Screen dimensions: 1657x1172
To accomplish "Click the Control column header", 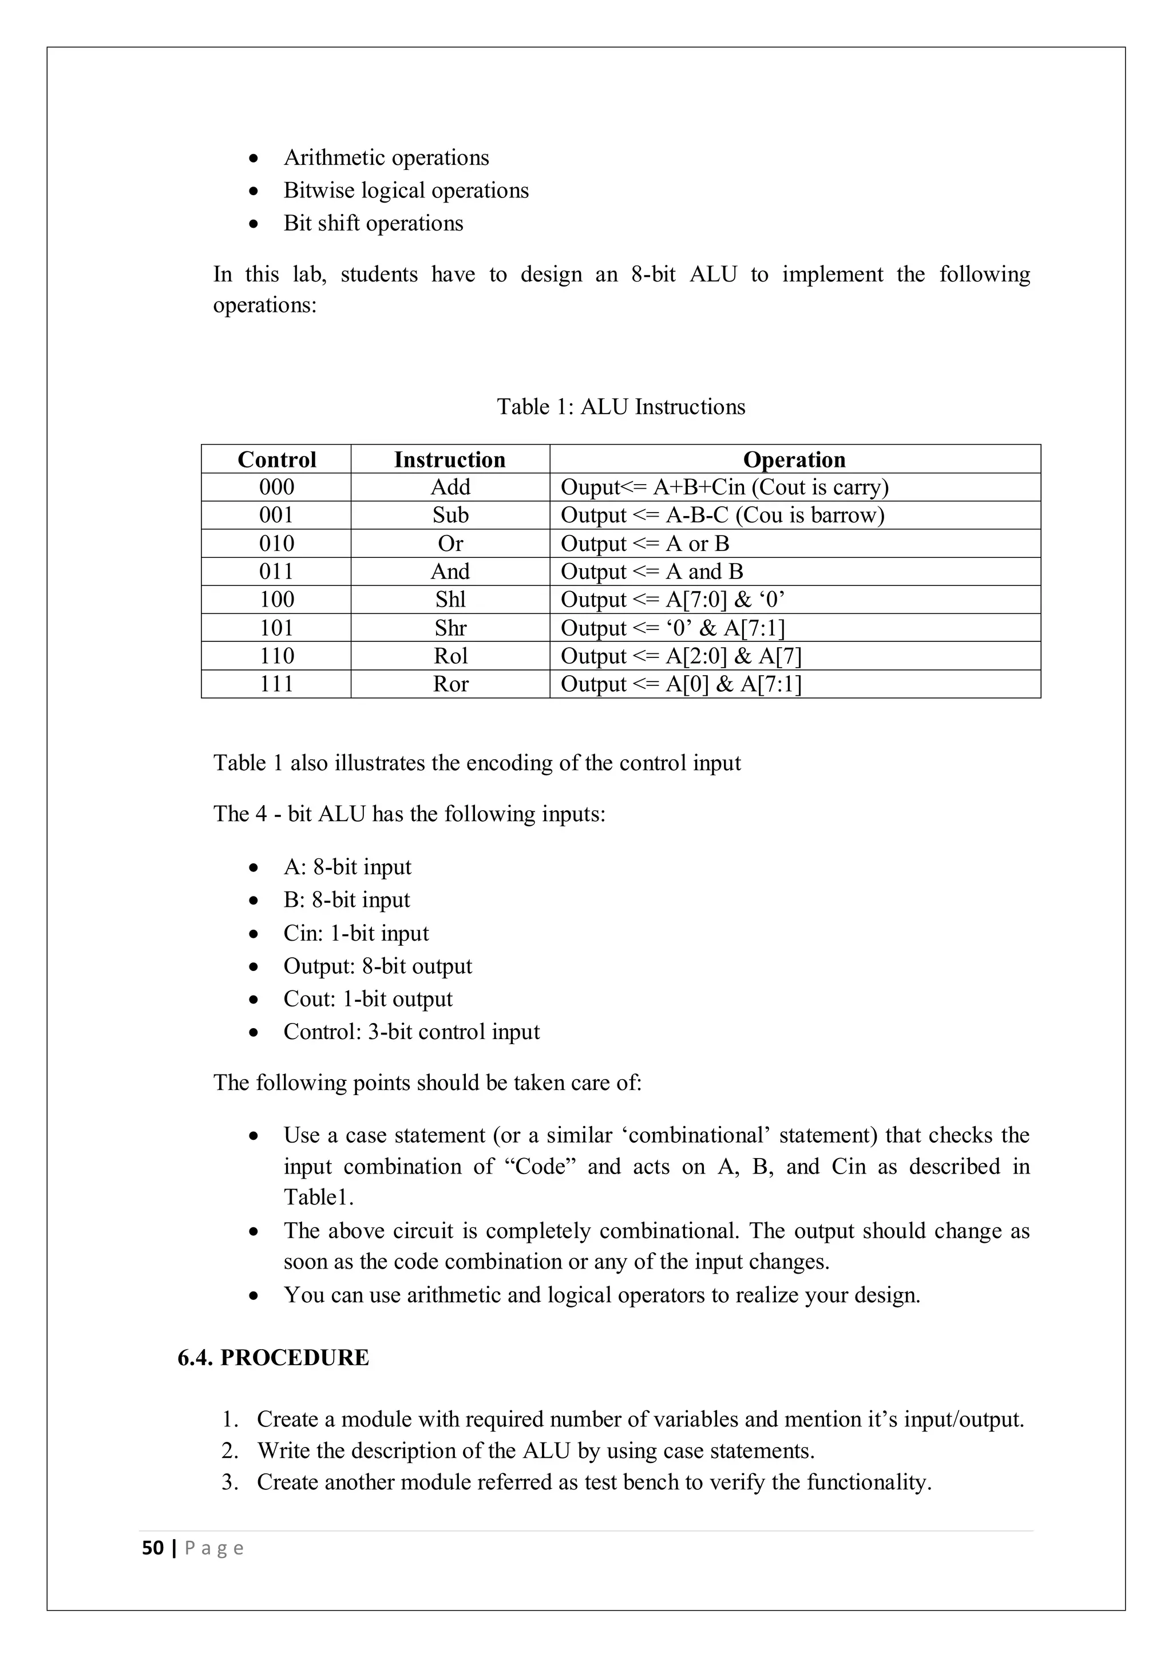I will pos(276,459).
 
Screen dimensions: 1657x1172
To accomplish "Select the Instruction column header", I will pos(450,459).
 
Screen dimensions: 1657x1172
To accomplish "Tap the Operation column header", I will pos(794,459).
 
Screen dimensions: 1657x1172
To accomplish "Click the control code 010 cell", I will pos(276,544).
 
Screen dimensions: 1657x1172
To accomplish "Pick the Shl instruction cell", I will pos(450,600).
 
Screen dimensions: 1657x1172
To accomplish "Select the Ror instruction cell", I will pos(450,684).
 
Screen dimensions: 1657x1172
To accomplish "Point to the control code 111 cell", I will pos(276,684).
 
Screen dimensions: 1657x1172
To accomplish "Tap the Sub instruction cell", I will pos(450,516).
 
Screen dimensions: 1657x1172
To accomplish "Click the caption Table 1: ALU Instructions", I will pos(621,406).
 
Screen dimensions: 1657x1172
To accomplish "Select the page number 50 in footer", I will pos(152,1548).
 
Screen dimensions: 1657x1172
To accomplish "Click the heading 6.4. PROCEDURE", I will pos(273,1358).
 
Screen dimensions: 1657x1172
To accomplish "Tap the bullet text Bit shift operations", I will pos(373,223).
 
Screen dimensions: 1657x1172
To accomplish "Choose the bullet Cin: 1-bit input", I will pos(356,933).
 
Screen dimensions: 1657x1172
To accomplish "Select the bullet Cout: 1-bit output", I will pos(368,999).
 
